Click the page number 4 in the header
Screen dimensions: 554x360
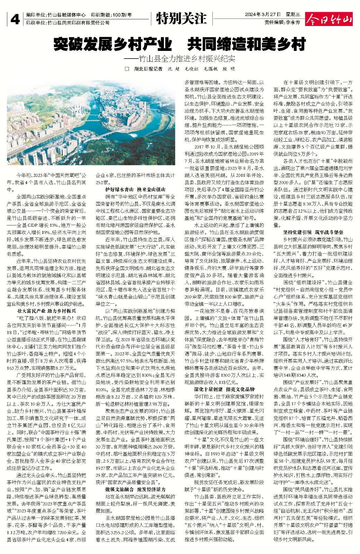point(15,19)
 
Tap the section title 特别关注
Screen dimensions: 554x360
point(181,18)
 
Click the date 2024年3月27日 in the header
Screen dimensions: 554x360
point(262,15)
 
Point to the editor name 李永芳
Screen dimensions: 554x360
point(293,22)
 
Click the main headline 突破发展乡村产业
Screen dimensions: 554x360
point(113,44)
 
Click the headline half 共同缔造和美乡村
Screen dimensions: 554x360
point(247,44)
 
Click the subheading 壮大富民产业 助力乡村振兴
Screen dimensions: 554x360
point(46,311)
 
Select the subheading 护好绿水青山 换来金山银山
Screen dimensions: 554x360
point(135,189)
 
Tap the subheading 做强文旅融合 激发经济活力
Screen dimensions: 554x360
point(135,489)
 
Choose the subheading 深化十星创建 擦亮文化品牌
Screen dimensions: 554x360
point(225,389)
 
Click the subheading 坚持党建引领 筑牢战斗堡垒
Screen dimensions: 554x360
point(313,232)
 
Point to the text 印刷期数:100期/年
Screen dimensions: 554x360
point(111,15)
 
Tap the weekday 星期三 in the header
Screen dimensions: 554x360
point(293,15)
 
